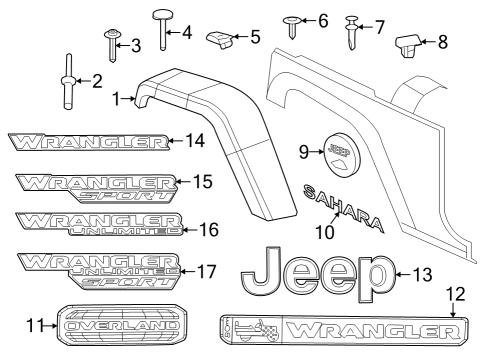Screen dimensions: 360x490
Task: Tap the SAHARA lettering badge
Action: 341,203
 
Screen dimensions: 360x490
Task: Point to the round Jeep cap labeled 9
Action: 339,152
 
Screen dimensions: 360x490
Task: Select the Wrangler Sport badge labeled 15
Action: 95,185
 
